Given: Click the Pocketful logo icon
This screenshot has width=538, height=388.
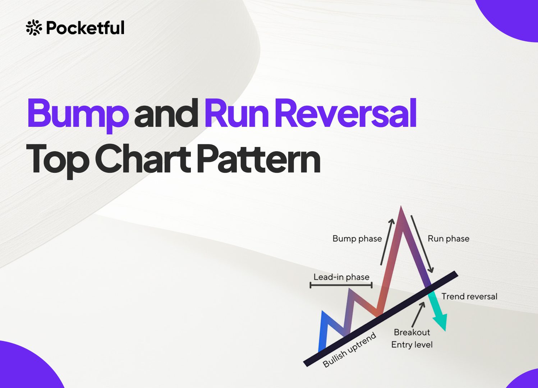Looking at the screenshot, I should click(34, 28).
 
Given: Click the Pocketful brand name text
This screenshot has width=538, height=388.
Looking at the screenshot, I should click(85, 28).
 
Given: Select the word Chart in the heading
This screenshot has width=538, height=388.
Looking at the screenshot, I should click(143, 158).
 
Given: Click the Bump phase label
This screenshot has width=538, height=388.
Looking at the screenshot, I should click(357, 239).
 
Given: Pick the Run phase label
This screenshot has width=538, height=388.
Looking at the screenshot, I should click(448, 239).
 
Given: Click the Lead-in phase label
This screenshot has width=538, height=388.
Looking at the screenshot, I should click(341, 277).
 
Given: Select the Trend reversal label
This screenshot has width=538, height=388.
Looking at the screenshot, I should click(469, 296).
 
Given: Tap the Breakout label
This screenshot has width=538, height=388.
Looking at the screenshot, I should click(412, 332).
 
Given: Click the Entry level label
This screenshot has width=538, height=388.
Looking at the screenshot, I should click(412, 345).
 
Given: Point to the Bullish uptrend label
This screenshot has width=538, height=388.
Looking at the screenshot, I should click(349, 350).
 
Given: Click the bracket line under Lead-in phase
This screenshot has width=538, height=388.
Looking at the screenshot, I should click(341, 285).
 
